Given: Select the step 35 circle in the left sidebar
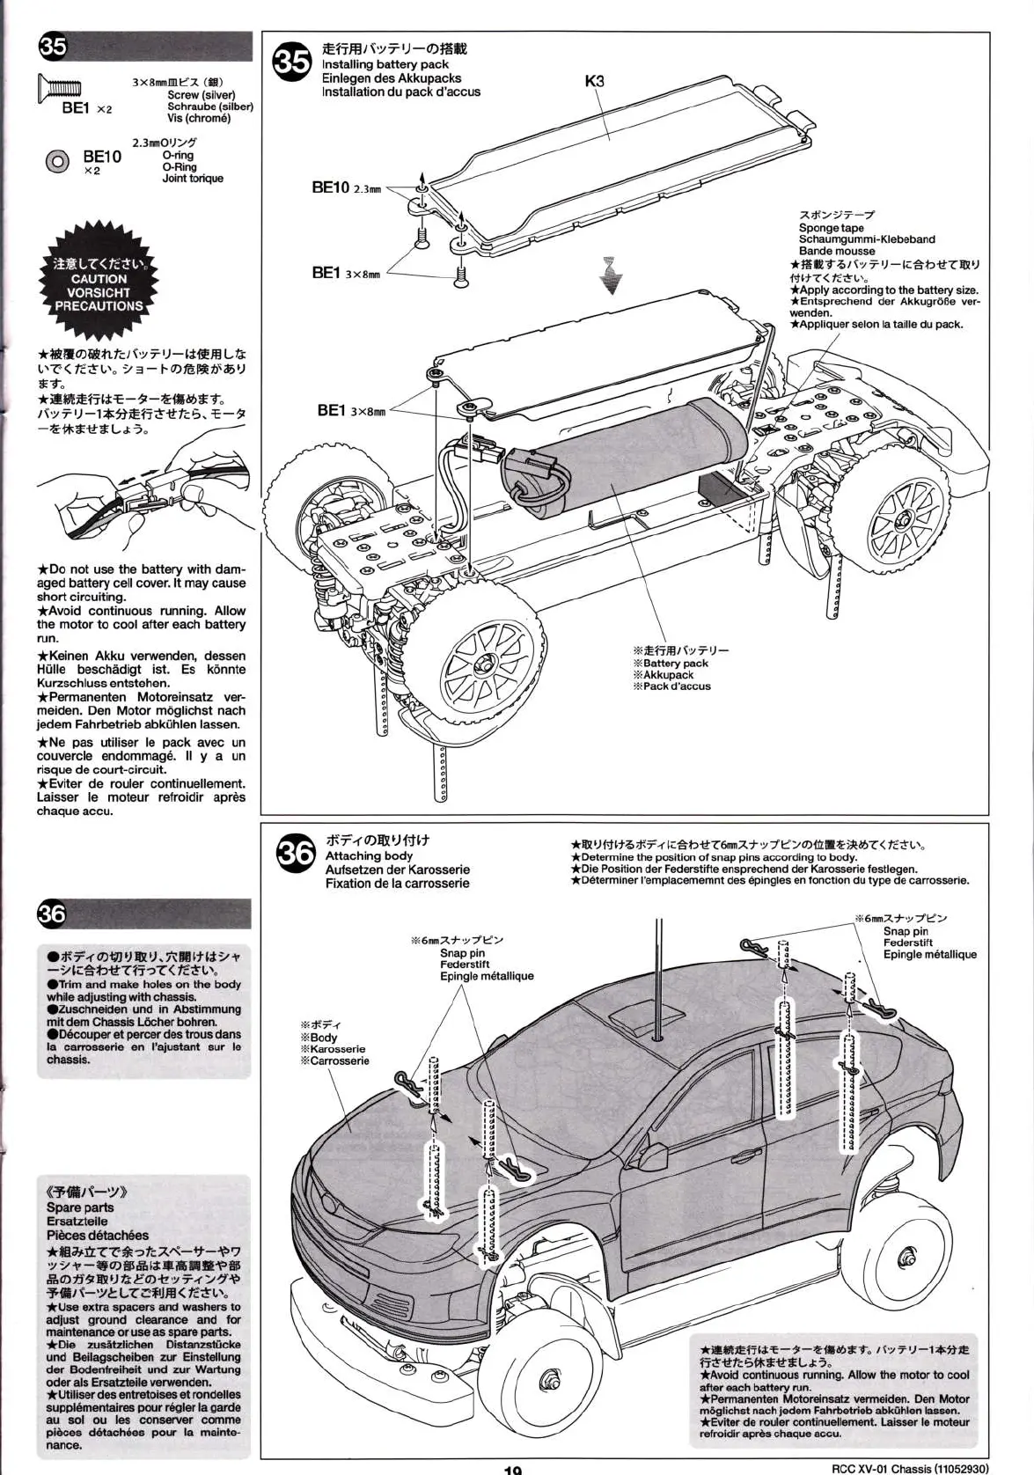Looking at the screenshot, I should [x=52, y=48].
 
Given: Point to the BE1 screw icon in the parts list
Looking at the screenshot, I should [x=59, y=87].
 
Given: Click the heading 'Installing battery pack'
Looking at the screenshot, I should [x=385, y=64].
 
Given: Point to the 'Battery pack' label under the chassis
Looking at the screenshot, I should [x=675, y=663].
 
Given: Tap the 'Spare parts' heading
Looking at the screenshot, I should [x=80, y=1207].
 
